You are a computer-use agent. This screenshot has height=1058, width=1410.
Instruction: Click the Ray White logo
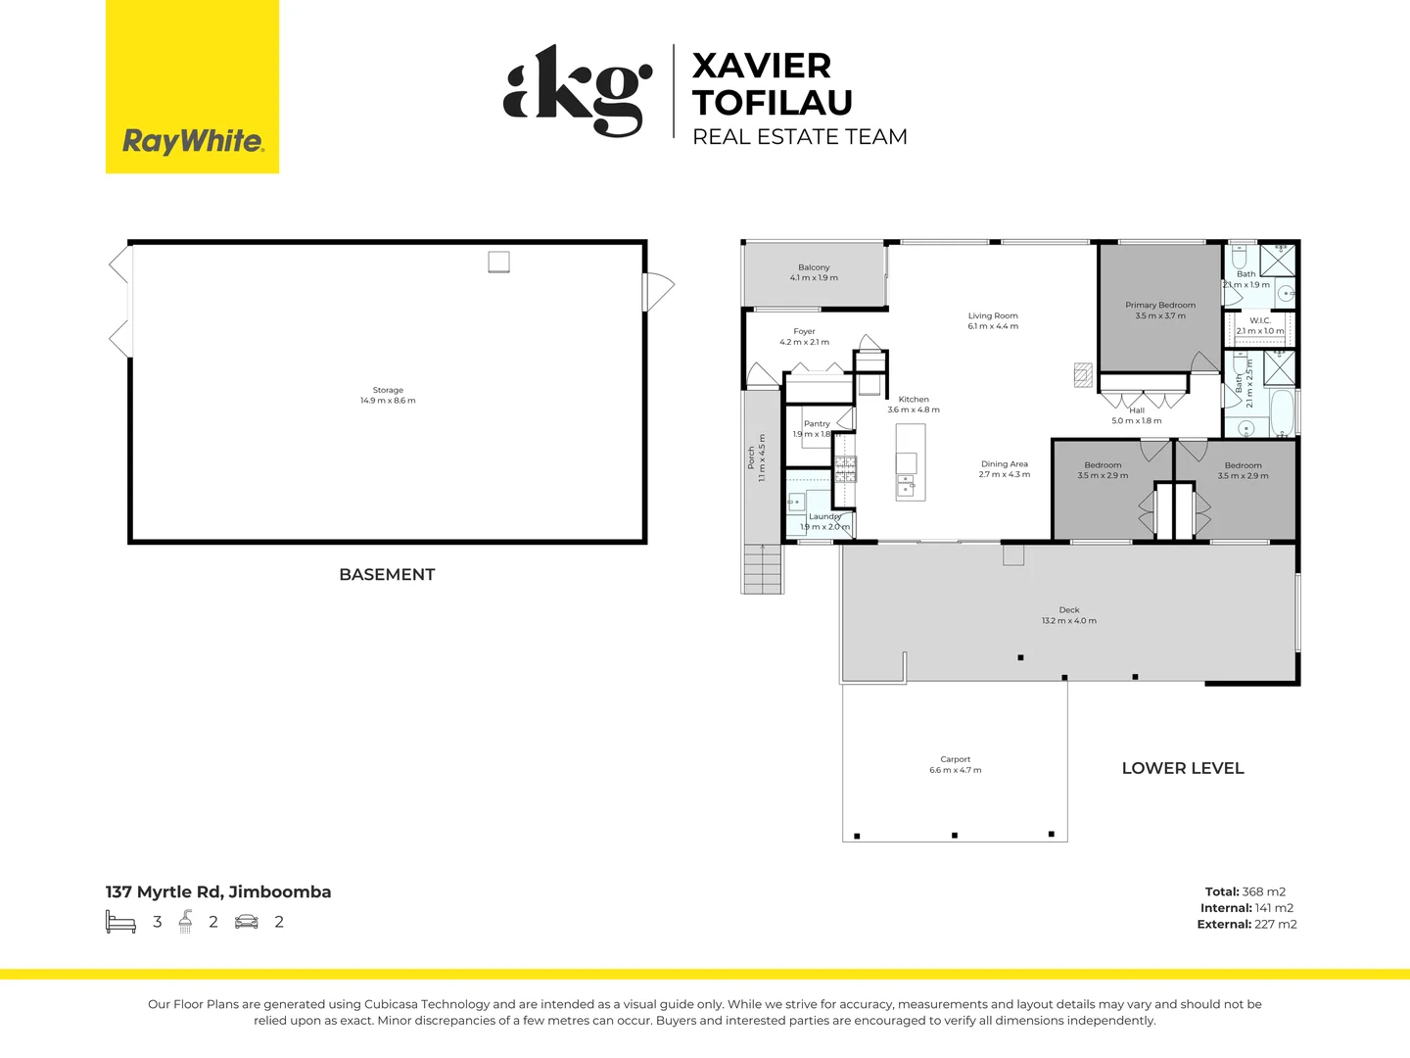point(192,141)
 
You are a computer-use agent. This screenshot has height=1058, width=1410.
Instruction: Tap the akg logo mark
point(578,90)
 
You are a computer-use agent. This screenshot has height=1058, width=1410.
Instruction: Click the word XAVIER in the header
point(761,67)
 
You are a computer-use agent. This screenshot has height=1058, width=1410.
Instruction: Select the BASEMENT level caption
point(387,575)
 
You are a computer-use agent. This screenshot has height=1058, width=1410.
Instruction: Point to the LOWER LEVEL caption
point(1183,769)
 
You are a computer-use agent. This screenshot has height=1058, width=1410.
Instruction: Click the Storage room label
point(388,390)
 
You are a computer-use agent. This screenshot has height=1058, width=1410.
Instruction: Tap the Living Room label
point(993,315)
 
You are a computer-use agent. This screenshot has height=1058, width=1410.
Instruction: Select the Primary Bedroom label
point(1160,305)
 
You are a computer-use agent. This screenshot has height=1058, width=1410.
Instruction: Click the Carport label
point(955,759)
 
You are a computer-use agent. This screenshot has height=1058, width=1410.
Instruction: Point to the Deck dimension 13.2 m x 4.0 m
point(1069,621)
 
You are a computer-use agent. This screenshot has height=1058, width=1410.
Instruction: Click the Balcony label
point(814,267)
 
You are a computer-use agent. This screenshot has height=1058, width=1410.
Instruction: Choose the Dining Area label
point(1005,464)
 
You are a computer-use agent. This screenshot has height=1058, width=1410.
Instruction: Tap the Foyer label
point(804,332)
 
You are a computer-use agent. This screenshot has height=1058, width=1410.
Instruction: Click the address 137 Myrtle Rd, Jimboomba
point(218,892)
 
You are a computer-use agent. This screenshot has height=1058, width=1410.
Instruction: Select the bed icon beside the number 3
point(120,922)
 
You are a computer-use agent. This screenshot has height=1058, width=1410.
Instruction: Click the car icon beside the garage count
point(247,922)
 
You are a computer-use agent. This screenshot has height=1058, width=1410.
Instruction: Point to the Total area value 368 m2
point(1263,892)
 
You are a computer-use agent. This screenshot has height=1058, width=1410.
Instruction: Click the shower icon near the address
point(185,922)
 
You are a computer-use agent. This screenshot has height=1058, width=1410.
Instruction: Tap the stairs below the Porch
point(763,569)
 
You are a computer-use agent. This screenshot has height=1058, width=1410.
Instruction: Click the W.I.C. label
point(1260,320)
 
